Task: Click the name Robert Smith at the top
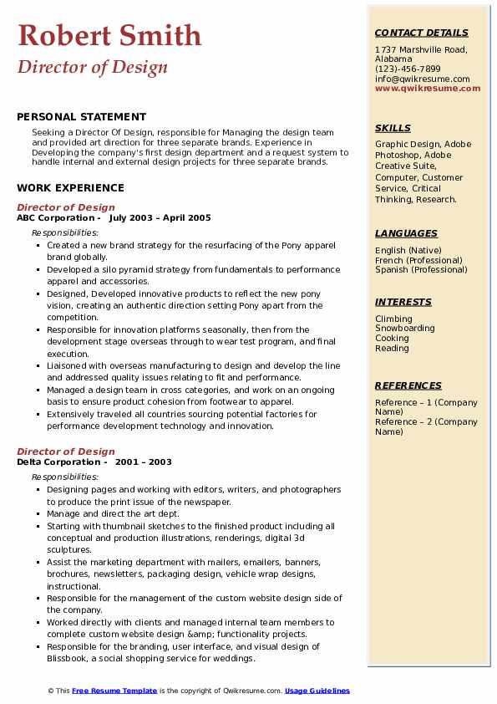(109, 35)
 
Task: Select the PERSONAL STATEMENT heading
(81, 117)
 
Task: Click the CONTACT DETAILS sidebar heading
(421, 33)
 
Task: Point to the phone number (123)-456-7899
(408, 69)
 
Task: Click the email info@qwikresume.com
(422, 79)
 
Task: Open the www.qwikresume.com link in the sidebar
(428, 88)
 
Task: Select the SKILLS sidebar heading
(393, 128)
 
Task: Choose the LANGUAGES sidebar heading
(406, 234)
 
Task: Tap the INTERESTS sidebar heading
(403, 302)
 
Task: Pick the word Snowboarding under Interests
(405, 329)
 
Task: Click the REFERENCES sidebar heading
(408, 385)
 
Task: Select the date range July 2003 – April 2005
(160, 218)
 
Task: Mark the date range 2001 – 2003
(143, 462)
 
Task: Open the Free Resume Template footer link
(114, 691)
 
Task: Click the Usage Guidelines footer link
(317, 691)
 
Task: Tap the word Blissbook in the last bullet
(70, 659)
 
